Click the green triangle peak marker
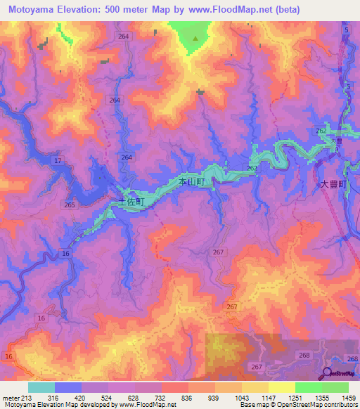195,39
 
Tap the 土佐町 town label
130,201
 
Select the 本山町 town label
192,182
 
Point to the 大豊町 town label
334,183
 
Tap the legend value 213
28,397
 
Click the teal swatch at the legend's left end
41,387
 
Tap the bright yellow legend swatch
281,387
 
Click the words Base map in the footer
252,405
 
